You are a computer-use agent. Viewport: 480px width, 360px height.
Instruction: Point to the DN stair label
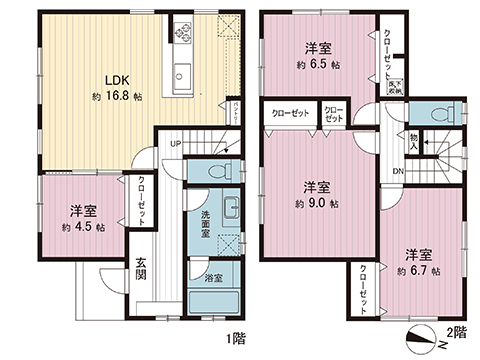coord(398,171)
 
